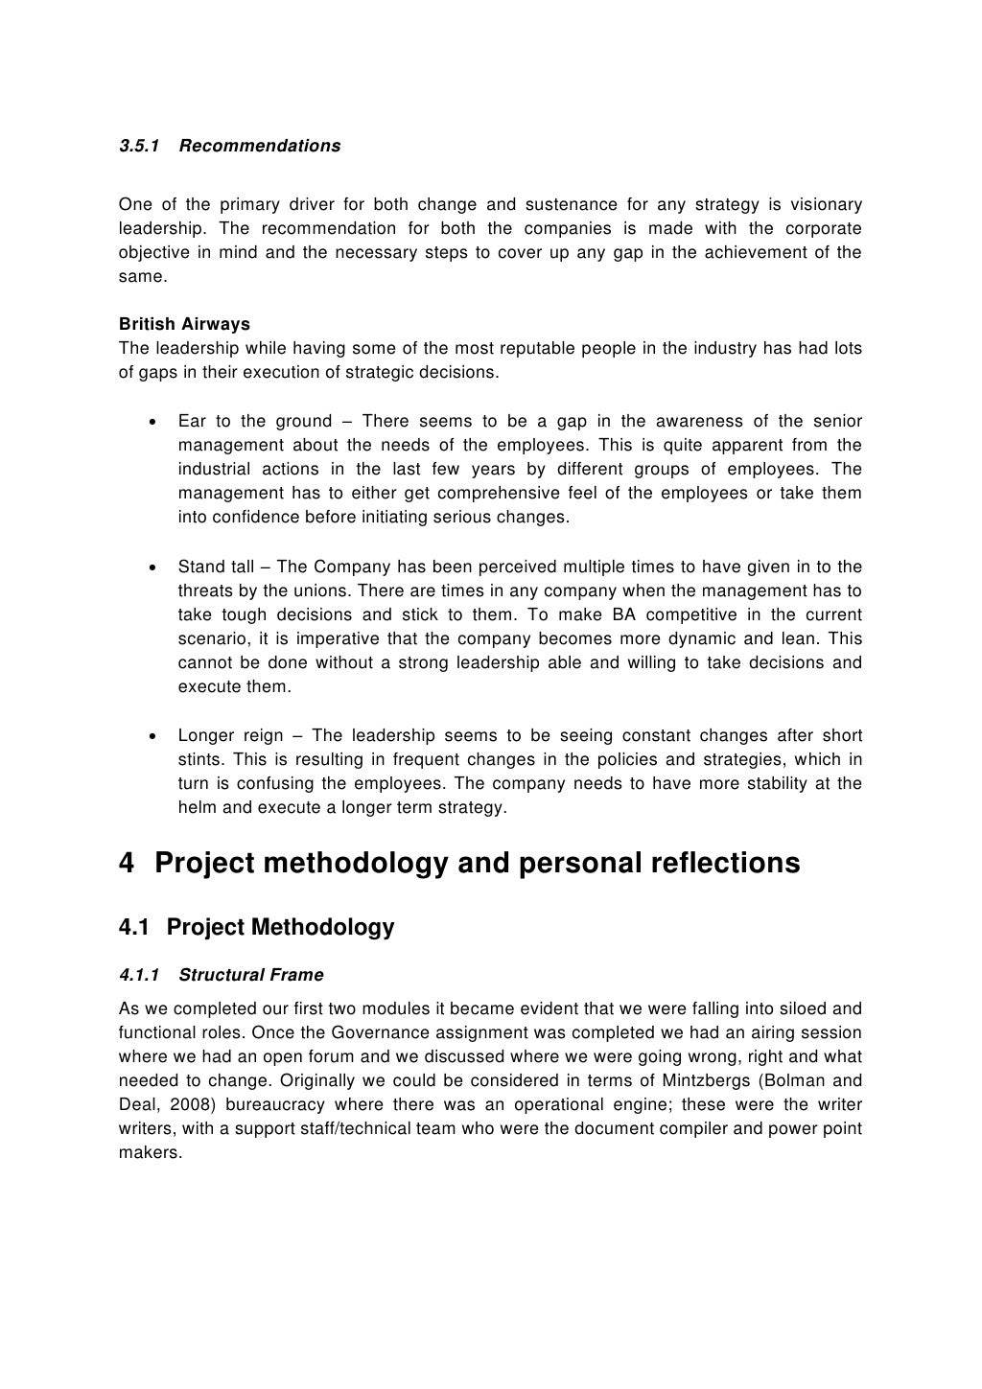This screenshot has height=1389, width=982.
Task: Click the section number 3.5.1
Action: (x=139, y=146)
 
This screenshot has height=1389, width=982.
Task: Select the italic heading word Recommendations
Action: (x=259, y=146)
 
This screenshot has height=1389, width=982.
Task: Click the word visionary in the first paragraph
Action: (x=824, y=204)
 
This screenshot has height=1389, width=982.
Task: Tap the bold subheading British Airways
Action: (x=184, y=324)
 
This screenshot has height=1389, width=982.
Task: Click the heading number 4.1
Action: (x=134, y=928)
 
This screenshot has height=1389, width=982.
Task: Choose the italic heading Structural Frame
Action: (x=250, y=975)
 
